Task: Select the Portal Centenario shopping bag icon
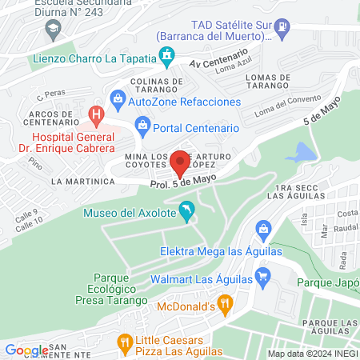click(x=142, y=124)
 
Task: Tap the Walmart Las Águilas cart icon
click(x=262, y=278)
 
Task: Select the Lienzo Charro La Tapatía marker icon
click(x=167, y=56)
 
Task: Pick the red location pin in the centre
click(x=180, y=163)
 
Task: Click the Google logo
click(x=26, y=350)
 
